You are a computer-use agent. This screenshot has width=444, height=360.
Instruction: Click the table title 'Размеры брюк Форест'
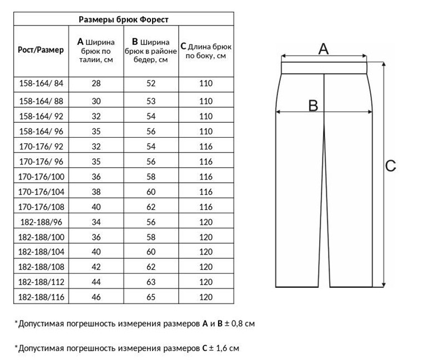pyautogui.click(x=123, y=19)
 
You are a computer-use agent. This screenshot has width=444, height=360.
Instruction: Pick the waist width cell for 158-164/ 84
pyautogui.click(x=96, y=84)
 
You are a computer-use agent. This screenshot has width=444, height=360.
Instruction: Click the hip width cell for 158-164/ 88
pyautogui.click(x=150, y=101)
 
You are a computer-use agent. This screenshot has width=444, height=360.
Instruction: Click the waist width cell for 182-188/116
pyautogui.click(x=96, y=297)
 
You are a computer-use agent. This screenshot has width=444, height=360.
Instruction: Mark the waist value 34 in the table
pyautogui.click(x=96, y=222)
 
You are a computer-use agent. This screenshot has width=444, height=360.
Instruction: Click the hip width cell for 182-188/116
pyautogui.click(x=150, y=297)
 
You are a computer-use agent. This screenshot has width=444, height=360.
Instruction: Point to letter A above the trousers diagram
pyautogui.click(x=324, y=49)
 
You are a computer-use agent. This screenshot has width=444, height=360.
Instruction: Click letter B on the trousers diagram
pyautogui.click(x=313, y=105)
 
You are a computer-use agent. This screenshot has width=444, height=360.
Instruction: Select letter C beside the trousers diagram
pyautogui.click(x=391, y=166)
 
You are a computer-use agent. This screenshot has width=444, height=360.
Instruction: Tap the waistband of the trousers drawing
pyautogui.click(x=324, y=68)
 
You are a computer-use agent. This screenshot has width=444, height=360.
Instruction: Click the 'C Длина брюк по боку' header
pyautogui.click(x=206, y=51)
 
